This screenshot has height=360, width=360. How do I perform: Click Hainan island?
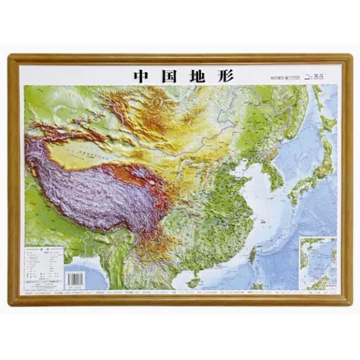[x=194, y=281]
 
